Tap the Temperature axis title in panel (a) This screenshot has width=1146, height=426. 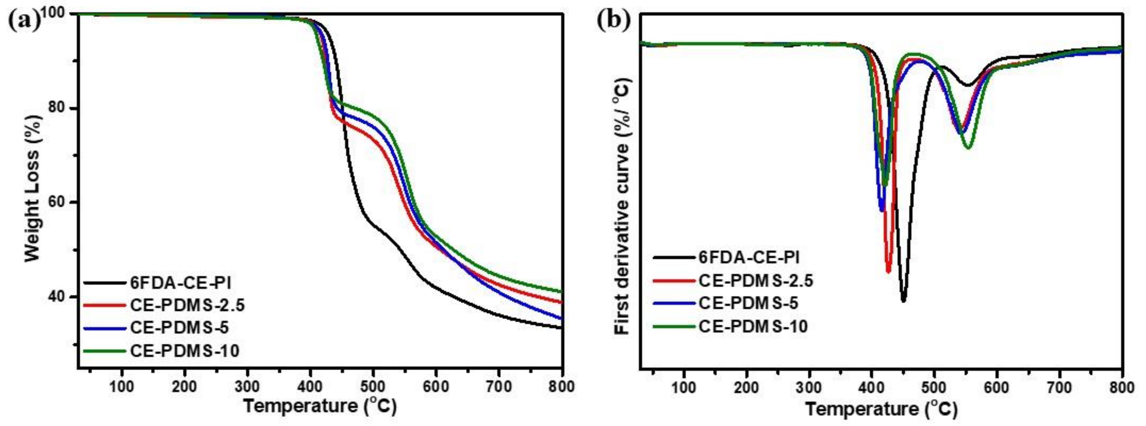click(x=319, y=406)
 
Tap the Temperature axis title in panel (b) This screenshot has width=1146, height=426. click(x=881, y=408)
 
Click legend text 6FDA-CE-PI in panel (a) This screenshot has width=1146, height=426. click(x=180, y=283)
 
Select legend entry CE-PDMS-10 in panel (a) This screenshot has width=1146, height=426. click(x=185, y=351)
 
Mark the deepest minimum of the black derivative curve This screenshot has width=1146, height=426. click(x=903, y=301)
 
